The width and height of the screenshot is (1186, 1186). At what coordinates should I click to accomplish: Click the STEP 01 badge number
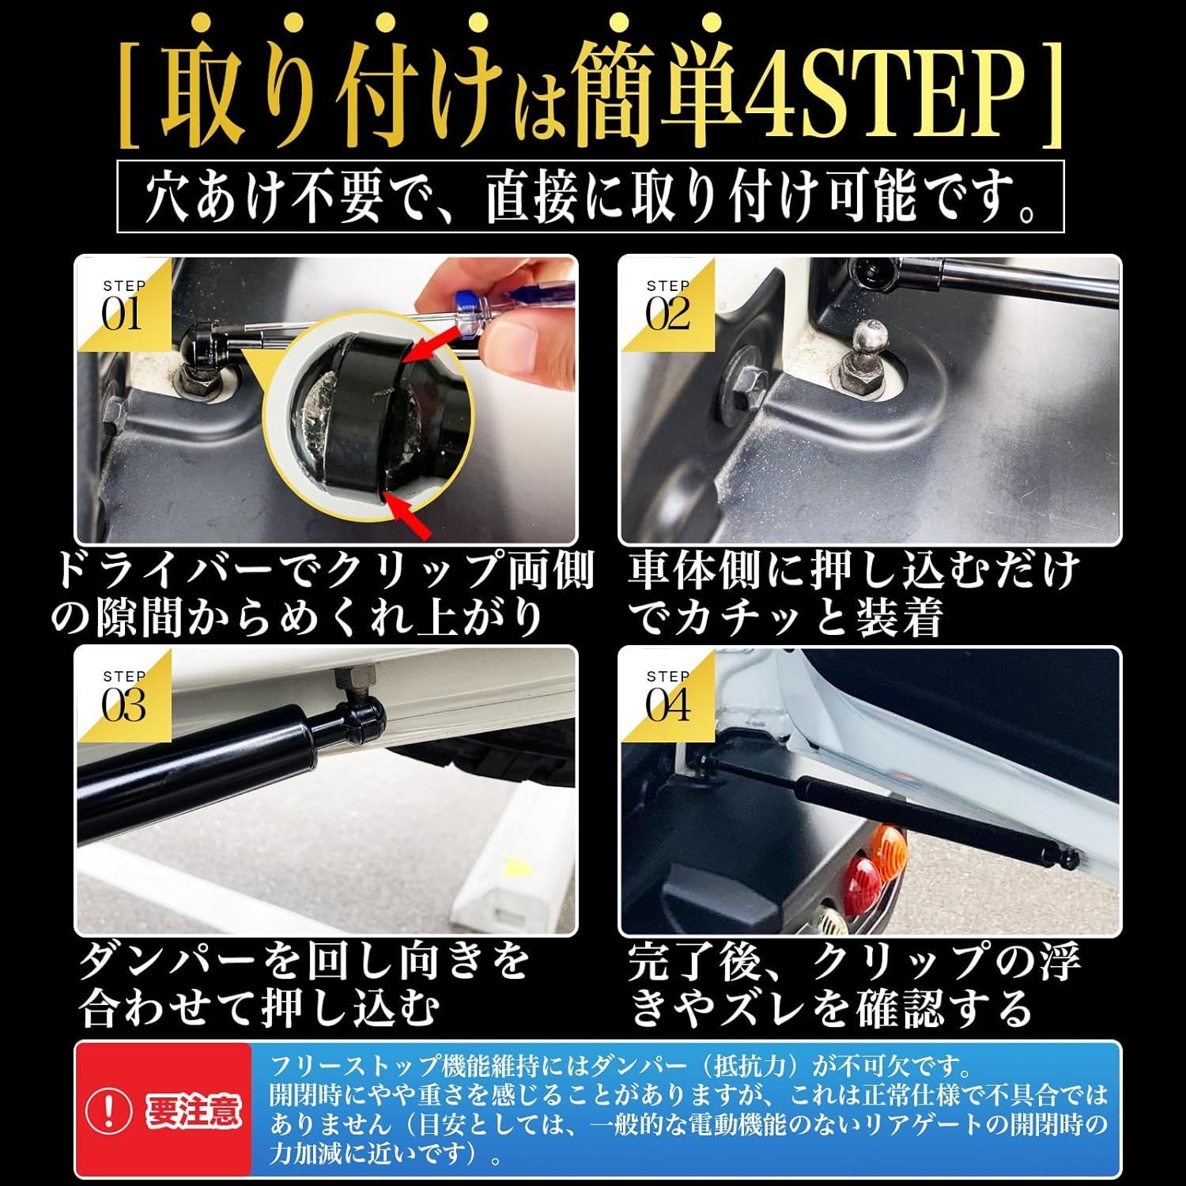[x=121, y=315]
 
